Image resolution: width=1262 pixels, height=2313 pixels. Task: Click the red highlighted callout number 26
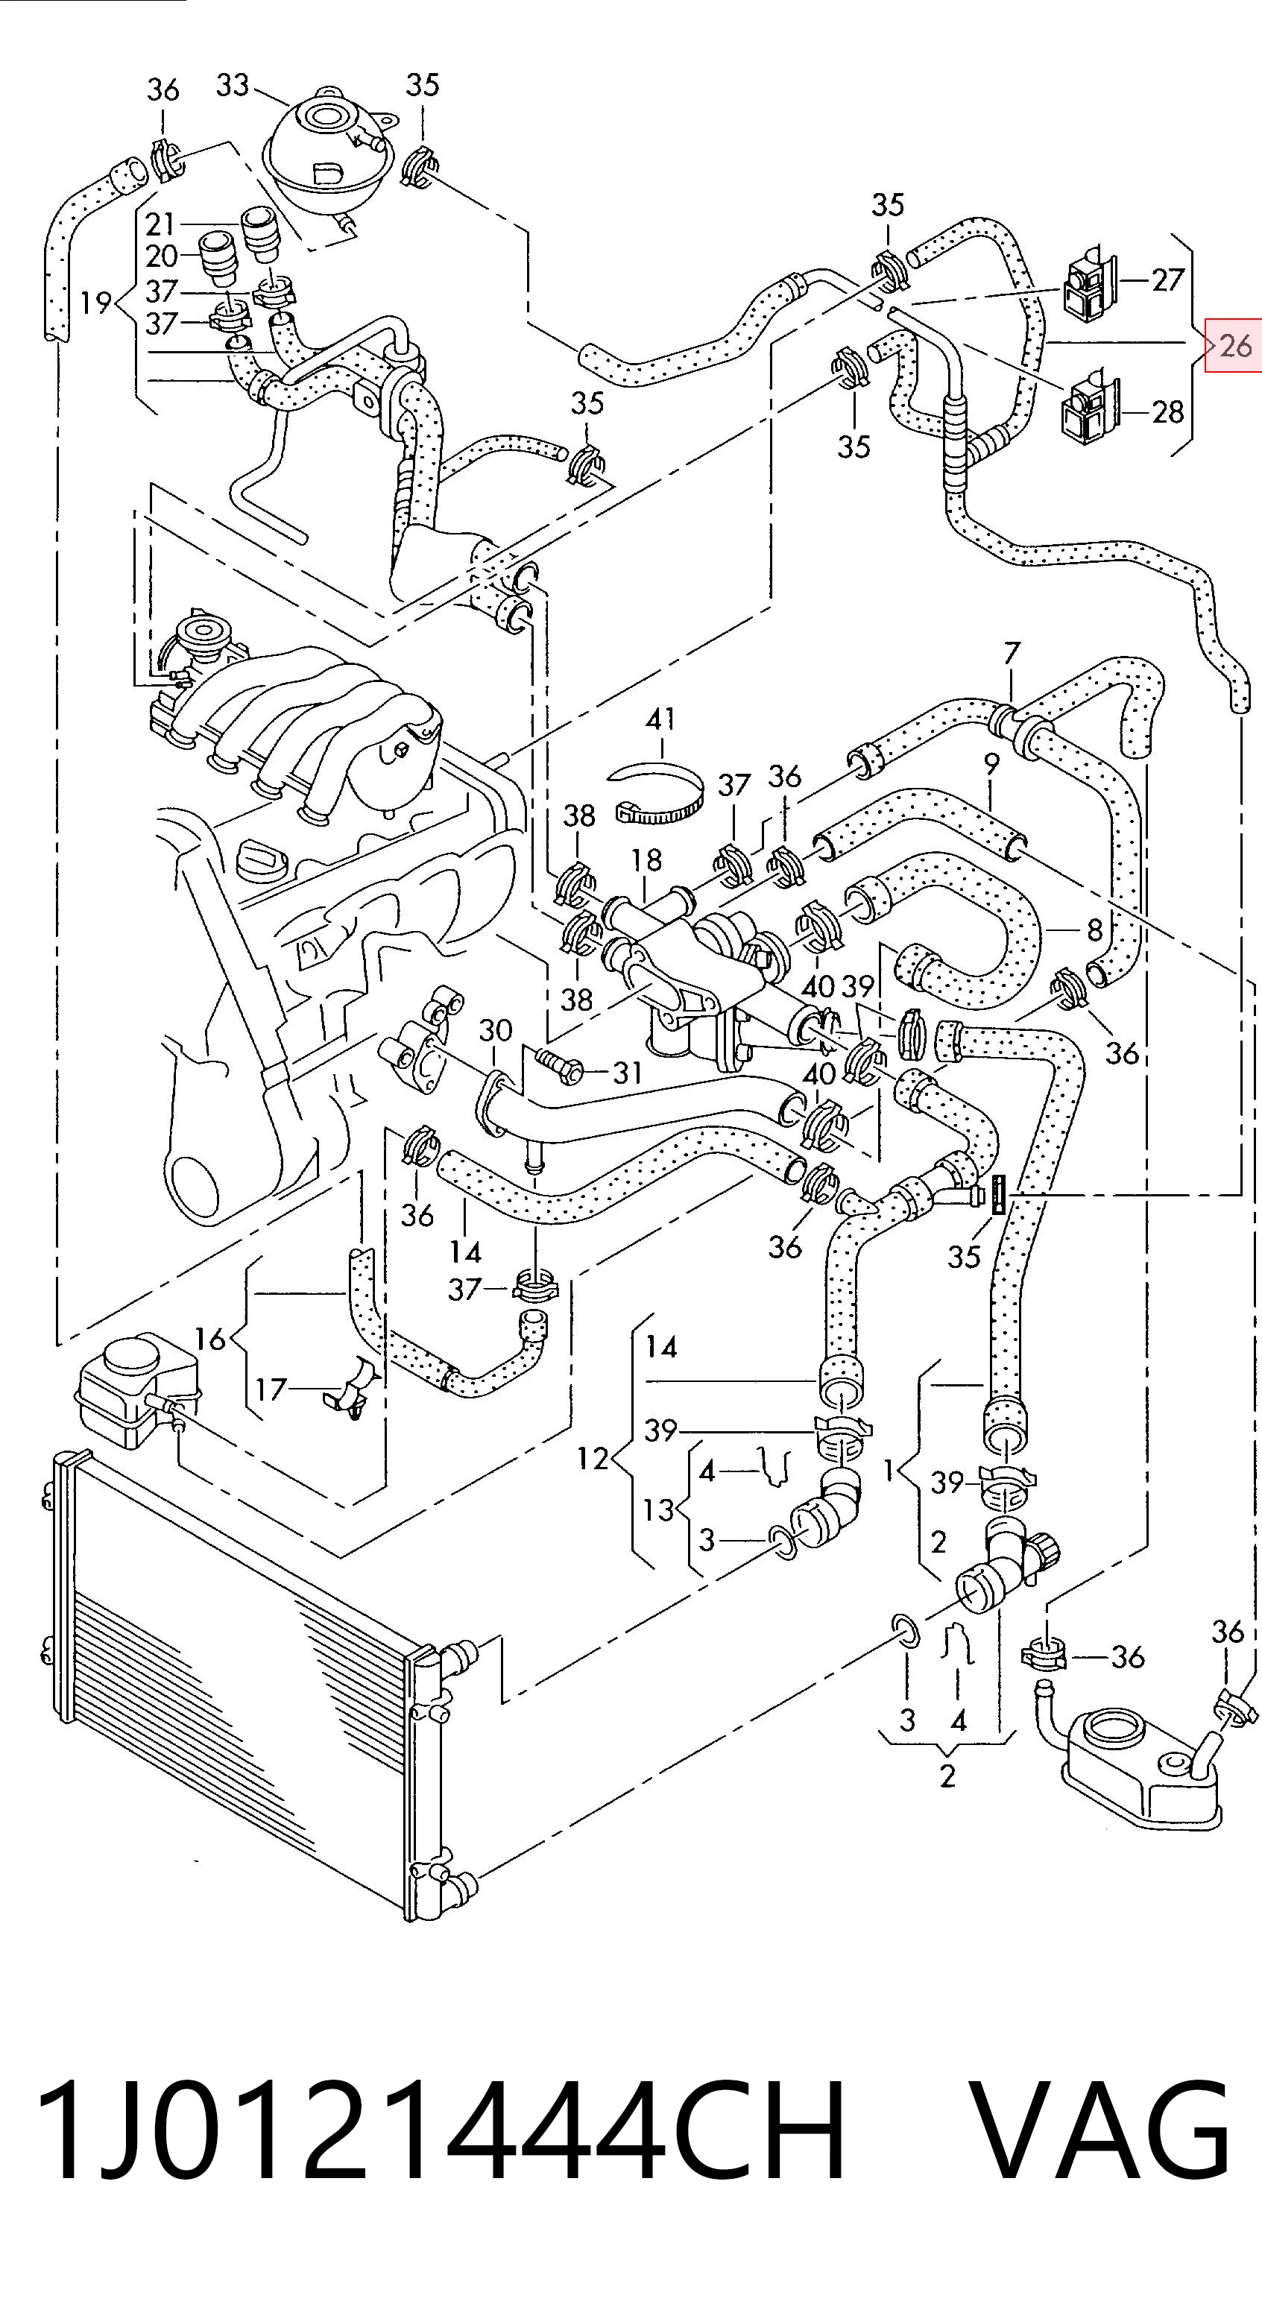1236,345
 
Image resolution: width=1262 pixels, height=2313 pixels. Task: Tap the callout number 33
232,85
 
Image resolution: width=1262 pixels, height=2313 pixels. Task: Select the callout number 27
1167,280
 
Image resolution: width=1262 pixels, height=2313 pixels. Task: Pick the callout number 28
1167,412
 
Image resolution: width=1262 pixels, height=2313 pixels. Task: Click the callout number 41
661,719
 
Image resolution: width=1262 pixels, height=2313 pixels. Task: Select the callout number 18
646,860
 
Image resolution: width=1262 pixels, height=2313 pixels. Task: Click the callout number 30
495,1030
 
